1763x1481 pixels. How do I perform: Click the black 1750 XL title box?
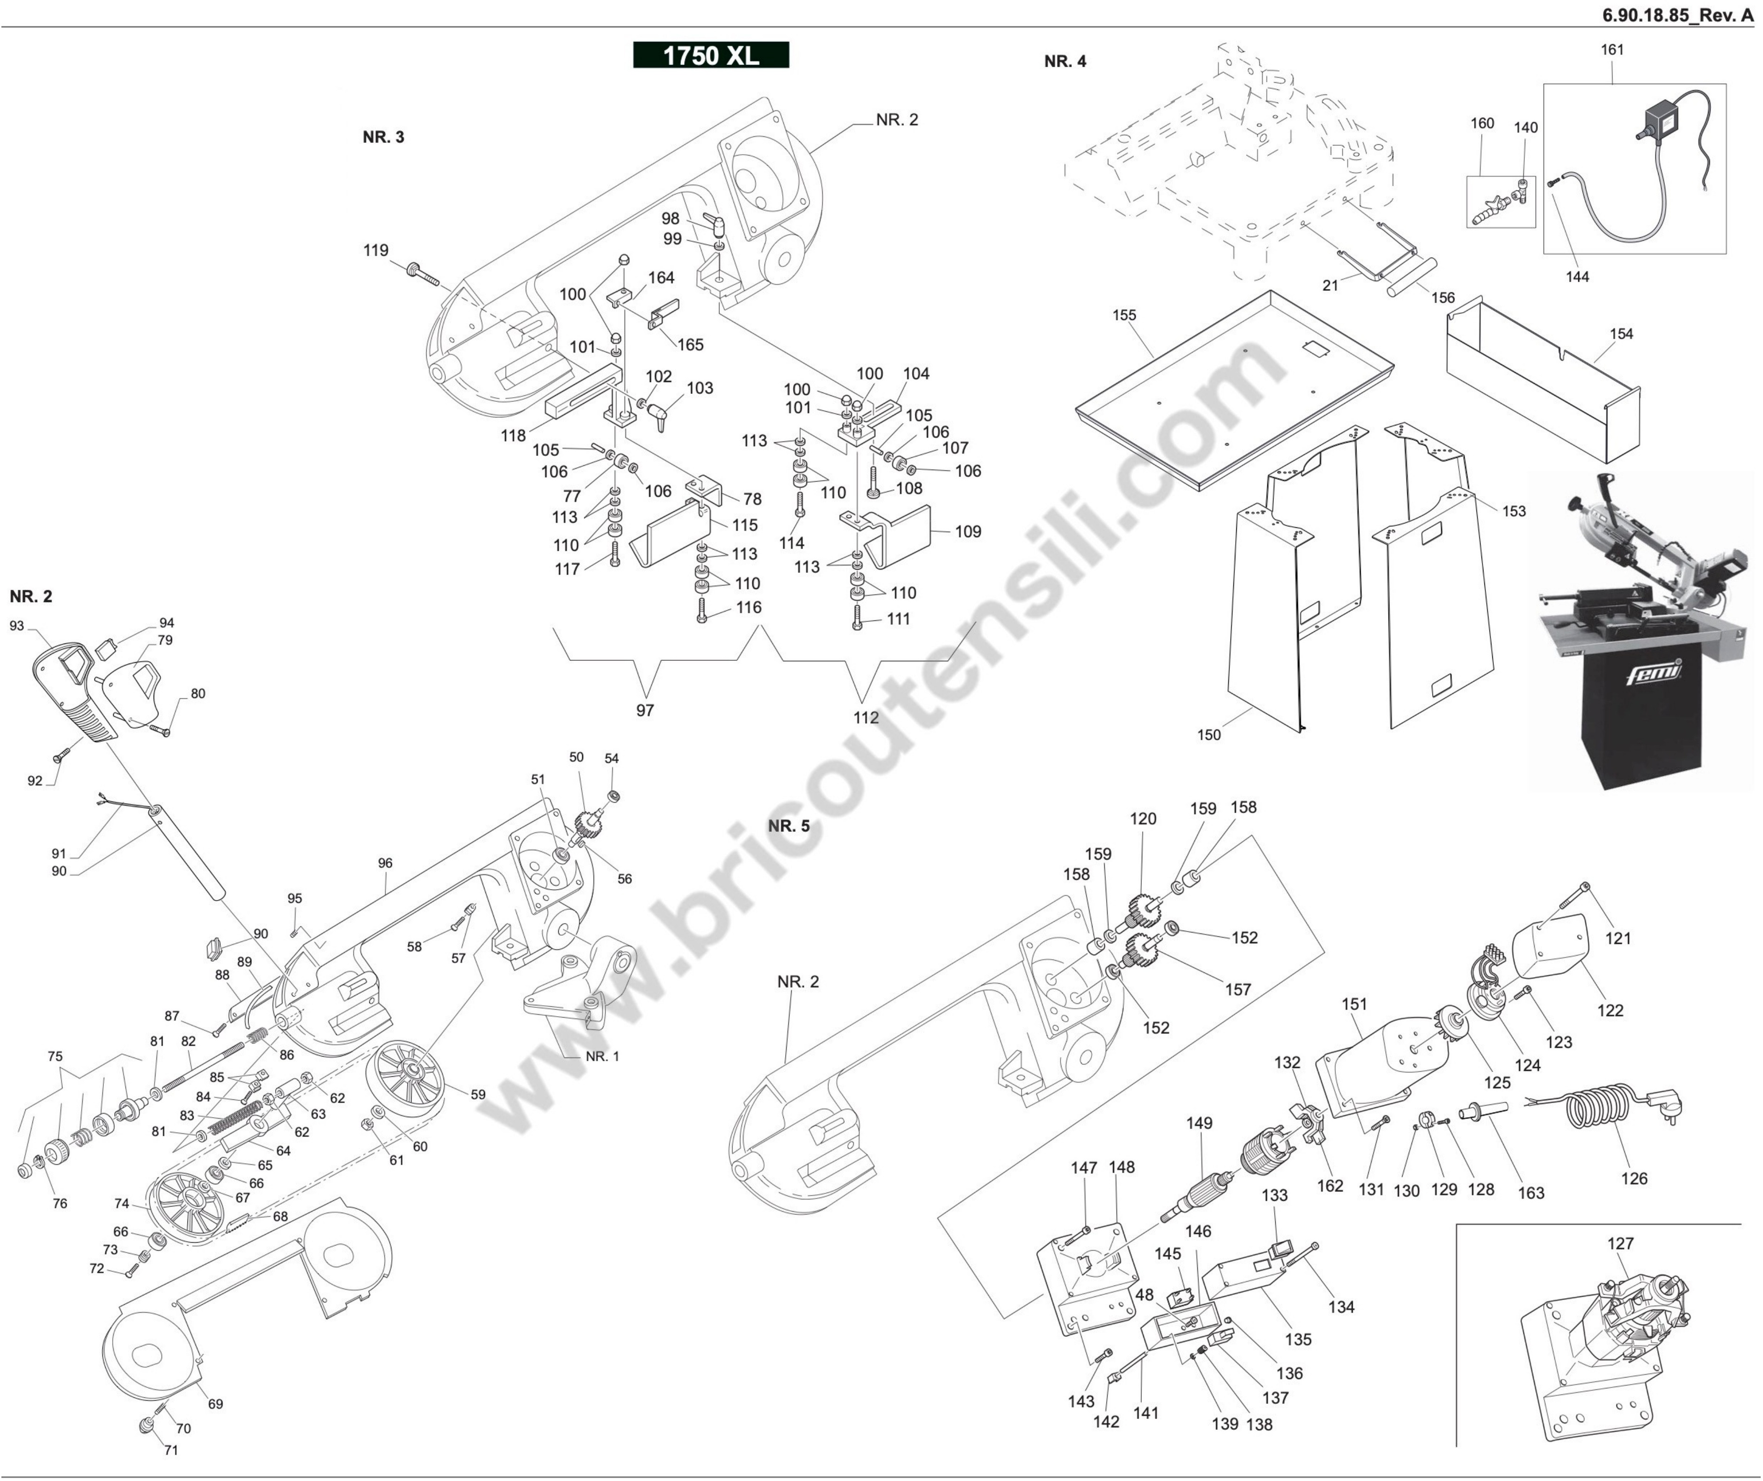(710, 55)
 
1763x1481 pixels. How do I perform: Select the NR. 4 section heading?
(1064, 61)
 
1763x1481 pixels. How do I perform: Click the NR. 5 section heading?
(788, 826)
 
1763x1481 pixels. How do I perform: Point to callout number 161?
(1612, 49)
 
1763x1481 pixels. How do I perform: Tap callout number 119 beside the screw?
(375, 250)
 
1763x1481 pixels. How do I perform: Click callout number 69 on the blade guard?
(215, 1404)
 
